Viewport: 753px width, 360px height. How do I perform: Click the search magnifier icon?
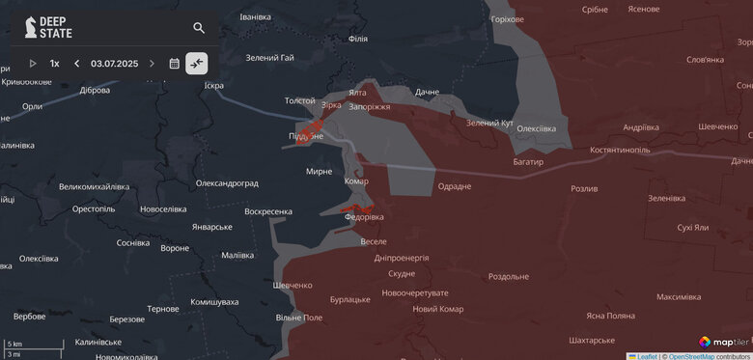(x=199, y=28)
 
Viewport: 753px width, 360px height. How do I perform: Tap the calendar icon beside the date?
(x=175, y=64)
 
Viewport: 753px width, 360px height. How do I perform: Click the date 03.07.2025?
(x=115, y=64)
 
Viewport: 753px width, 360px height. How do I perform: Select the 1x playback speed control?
(x=55, y=64)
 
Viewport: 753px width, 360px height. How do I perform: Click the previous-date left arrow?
(x=77, y=64)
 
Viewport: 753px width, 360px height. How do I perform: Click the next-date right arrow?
(x=152, y=64)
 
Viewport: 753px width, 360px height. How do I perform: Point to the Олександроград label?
(x=227, y=183)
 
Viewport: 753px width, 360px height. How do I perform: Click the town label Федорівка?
(x=365, y=218)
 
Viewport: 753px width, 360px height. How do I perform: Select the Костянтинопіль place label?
(x=620, y=151)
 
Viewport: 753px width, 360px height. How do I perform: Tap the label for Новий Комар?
(x=437, y=309)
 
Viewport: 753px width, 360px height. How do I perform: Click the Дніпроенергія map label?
(x=401, y=258)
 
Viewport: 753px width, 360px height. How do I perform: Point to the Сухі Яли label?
(x=693, y=228)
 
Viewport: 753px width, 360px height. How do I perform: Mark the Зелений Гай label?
(x=269, y=58)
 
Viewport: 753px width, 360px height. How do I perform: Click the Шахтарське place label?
(x=592, y=340)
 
